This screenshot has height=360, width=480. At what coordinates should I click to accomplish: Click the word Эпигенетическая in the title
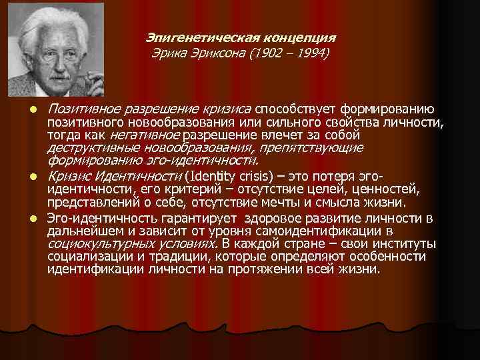click(188, 37)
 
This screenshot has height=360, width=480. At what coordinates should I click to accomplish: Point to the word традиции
click(184, 256)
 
